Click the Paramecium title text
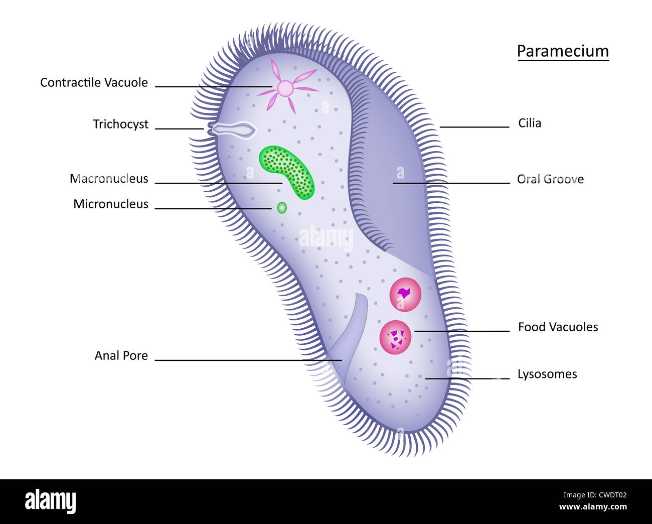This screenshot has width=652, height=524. coord(563,51)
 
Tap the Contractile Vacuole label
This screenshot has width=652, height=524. coord(94,83)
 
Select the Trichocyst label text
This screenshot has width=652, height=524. coord(120,124)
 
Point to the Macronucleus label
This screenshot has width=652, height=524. coord(109,179)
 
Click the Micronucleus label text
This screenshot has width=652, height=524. coord(111,204)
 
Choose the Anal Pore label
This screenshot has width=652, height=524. coord(121,356)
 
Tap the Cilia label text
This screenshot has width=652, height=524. coord(530,123)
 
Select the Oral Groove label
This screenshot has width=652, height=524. coord(550,180)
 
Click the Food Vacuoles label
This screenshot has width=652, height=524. coord(558,327)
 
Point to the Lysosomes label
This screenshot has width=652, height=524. coord(547,374)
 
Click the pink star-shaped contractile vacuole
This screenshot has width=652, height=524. coord(285,88)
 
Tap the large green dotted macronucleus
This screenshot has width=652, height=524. coord(287,172)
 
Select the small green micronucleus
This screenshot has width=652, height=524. coord(282,207)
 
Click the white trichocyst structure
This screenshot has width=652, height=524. coord(232,130)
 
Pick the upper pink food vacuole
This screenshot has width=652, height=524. coord(405,295)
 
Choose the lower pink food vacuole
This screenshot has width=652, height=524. coord(396,337)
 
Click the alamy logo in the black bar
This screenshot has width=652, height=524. coord(50,501)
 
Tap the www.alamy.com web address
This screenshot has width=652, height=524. coord(593,507)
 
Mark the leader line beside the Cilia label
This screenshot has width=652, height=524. coord(474,127)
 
